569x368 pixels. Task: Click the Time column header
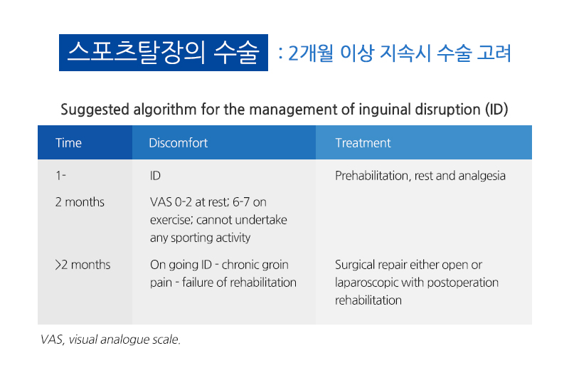pyautogui.click(x=68, y=143)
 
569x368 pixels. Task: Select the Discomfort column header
pyautogui.click(x=179, y=143)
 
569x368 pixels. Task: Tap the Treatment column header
pyautogui.click(x=363, y=143)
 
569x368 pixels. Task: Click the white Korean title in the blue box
pyautogui.click(x=164, y=53)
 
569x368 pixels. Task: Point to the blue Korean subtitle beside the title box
pyautogui.click(x=395, y=53)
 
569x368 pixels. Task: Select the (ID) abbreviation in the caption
pyautogui.click(x=496, y=110)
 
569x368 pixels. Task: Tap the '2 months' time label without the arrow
pyautogui.click(x=80, y=201)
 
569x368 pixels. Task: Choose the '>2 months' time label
pyautogui.click(x=83, y=265)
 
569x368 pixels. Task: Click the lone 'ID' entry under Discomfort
pyautogui.click(x=155, y=176)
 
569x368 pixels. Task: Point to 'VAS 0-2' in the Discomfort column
pyautogui.click(x=171, y=201)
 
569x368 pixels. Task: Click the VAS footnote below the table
pyautogui.click(x=110, y=340)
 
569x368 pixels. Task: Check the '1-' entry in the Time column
pyautogui.click(x=60, y=176)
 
